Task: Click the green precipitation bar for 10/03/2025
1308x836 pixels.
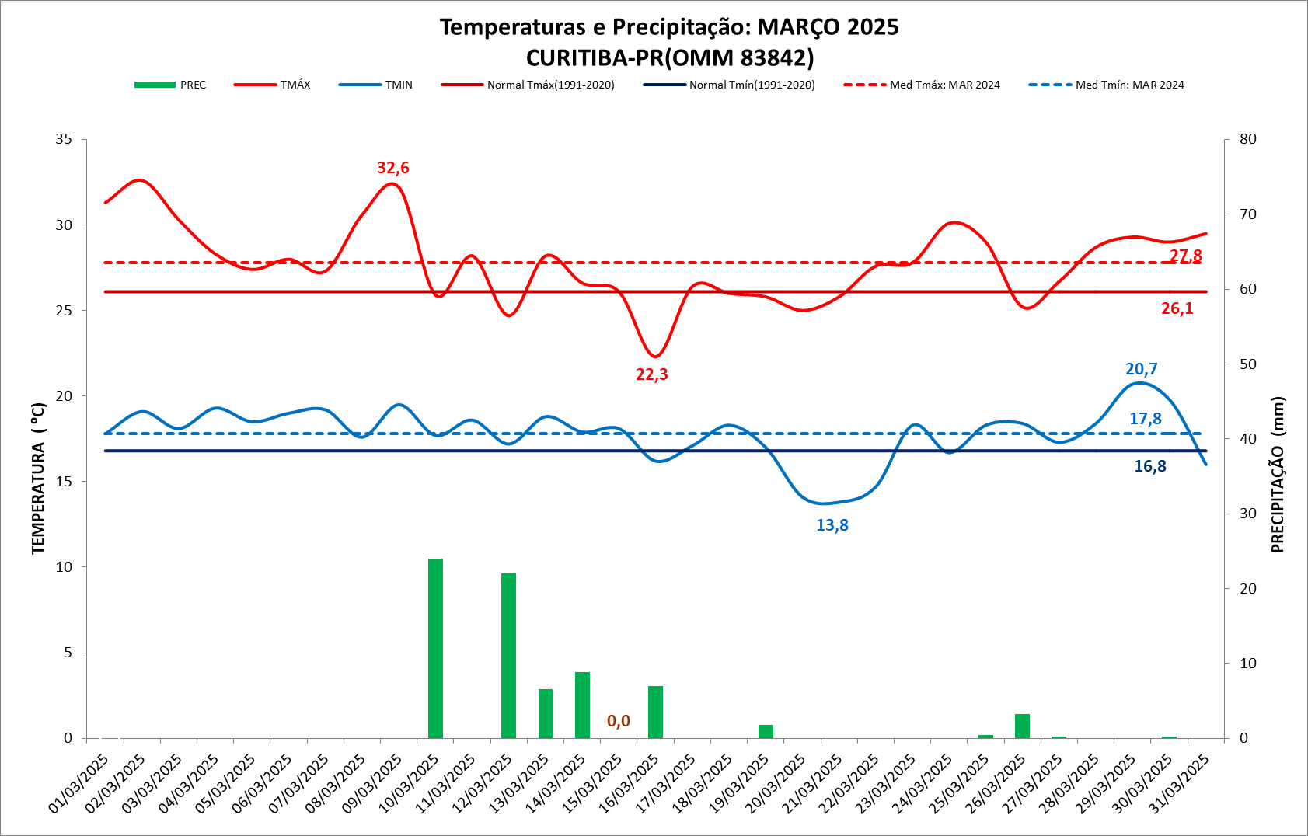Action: pyautogui.click(x=435, y=648)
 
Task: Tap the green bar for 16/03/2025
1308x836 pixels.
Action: pyautogui.click(x=655, y=712)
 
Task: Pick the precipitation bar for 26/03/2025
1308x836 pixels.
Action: pyautogui.click(x=1022, y=726)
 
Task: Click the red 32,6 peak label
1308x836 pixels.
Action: pyautogui.click(x=392, y=168)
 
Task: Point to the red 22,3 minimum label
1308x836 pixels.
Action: pyautogui.click(x=651, y=374)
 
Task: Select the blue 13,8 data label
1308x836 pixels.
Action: pyautogui.click(x=832, y=525)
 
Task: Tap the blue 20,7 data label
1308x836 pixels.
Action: pyautogui.click(x=1141, y=369)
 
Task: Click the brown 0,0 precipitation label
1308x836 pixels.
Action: pyautogui.click(x=618, y=721)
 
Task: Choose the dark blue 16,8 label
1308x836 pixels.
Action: pyautogui.click(x=1149, y=466)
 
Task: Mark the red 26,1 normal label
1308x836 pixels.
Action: pyautogui.click(x=1177, y=308)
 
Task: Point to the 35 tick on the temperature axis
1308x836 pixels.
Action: pyautogui.click(x=64, y=139)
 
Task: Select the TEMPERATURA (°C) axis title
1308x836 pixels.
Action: pyautogui.click(x=38, y=479)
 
